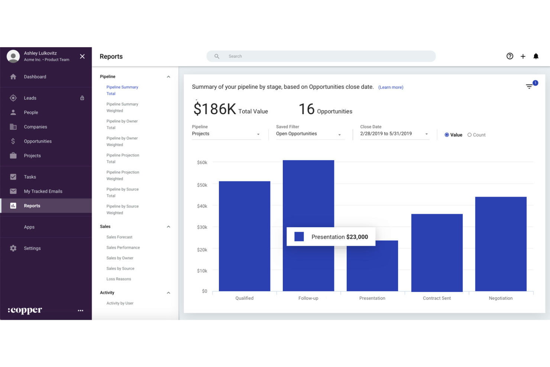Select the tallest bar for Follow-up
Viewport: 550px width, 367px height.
coord(308,193)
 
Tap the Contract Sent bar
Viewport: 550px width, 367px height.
coord(437,252)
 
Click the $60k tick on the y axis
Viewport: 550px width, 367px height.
coord(202,162)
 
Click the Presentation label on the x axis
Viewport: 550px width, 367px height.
coord(372,298)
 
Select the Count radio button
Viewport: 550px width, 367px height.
coord(470,135)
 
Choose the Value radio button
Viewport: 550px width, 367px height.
coord(447,135)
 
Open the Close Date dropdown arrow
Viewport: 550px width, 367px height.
coord(426,134)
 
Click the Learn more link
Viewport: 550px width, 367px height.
coord(391,87)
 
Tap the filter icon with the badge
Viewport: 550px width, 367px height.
coord(529,86)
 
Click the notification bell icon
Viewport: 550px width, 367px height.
coord(536,56)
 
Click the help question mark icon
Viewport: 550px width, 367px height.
coord(509,56)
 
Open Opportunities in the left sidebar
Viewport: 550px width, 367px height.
coord(38,141)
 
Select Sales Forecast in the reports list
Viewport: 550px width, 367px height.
coord(119,237)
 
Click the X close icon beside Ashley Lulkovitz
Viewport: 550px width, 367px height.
coord(82,57)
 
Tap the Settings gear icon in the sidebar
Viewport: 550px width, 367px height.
coord(13,248)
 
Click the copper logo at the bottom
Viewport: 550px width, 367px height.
coord(25,310)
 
